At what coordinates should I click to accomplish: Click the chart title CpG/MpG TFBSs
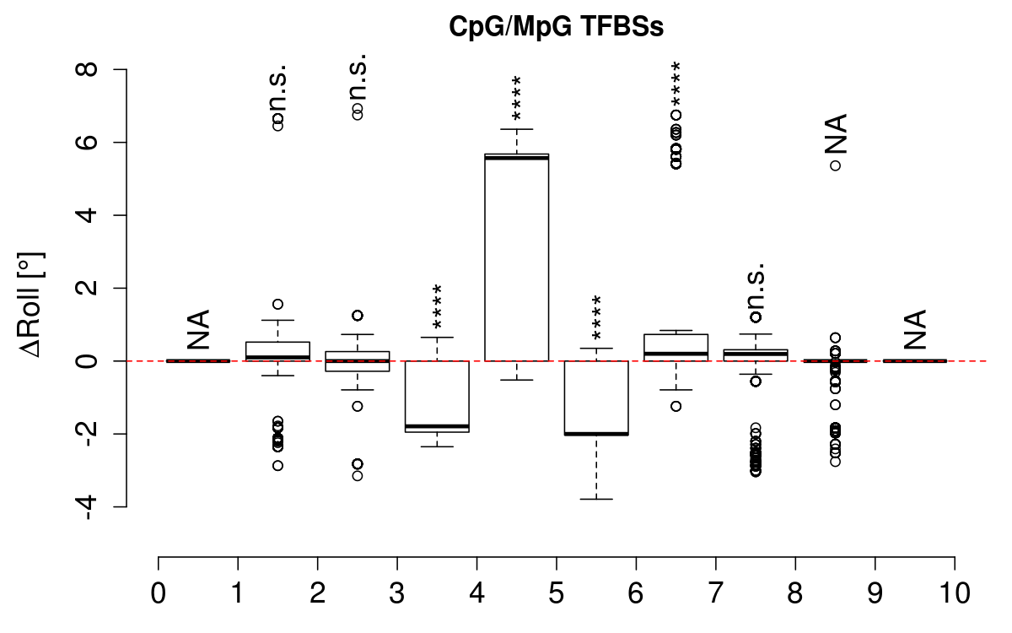point(556,28)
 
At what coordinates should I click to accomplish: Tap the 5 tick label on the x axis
point(557,592)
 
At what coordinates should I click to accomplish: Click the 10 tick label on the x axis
point(955,592)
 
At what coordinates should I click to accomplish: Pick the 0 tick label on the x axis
point(159,592)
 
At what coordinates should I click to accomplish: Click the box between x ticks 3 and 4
point(437,396)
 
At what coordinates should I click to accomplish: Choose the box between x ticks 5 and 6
point(596,398)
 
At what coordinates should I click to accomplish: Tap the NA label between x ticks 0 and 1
point(198,329)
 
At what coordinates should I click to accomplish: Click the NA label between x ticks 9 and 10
point(915,329)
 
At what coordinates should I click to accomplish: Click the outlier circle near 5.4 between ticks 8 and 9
point(835,165)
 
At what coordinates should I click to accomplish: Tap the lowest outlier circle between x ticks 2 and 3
point(358,476)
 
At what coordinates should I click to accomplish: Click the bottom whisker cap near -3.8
point(596,499)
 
